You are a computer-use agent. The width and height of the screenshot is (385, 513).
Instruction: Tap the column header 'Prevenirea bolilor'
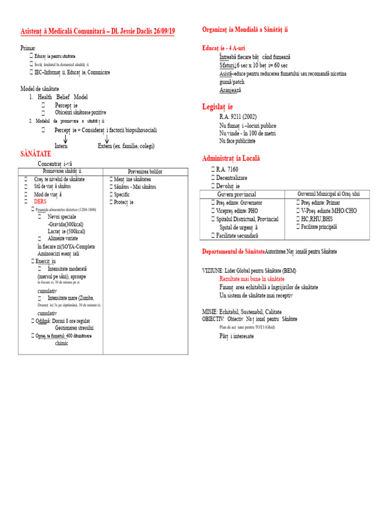tap(145, 171)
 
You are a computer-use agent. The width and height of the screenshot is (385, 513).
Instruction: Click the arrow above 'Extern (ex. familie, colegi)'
tap(106, 138)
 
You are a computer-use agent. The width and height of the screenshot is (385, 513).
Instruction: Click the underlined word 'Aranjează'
tap(230, 90)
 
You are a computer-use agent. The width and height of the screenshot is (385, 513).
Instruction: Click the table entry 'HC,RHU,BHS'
tap(317, 219)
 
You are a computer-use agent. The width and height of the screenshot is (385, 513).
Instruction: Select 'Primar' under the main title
tap(28, 48)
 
